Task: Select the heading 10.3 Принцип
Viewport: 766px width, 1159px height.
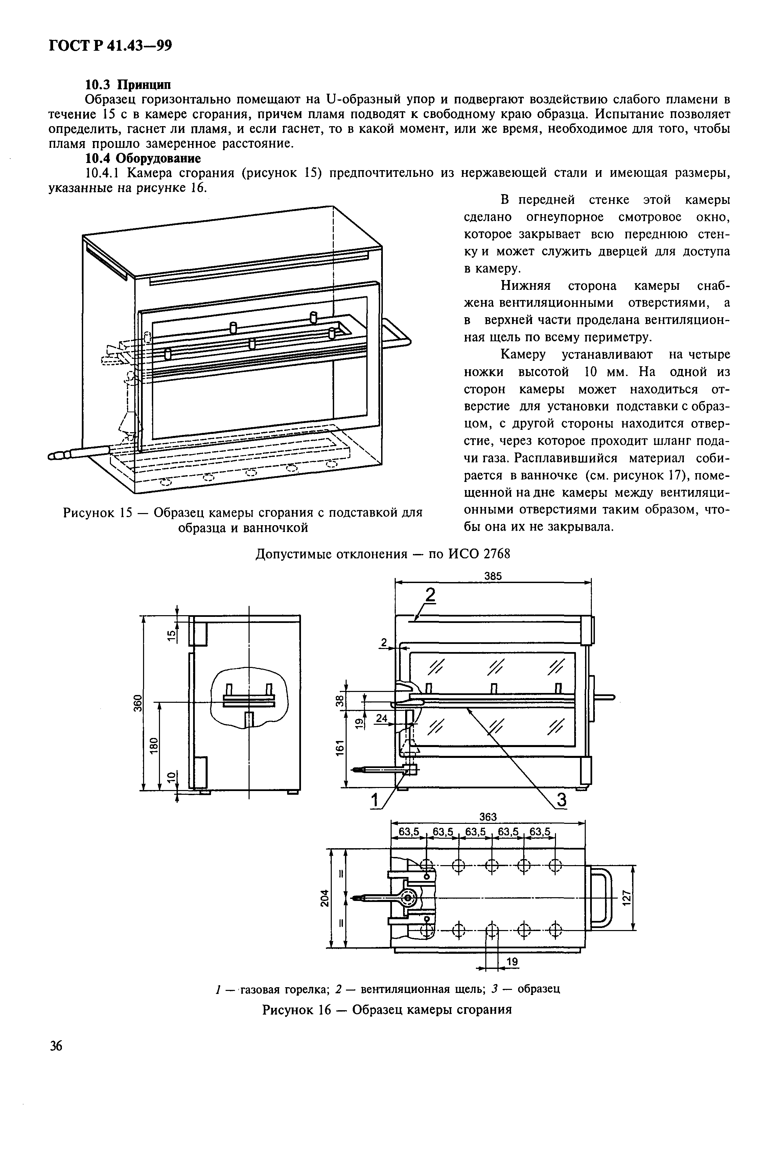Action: pyautogui.click(x=128, y=85)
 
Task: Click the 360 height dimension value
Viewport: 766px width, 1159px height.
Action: pyautogui.click(x=138, y=703)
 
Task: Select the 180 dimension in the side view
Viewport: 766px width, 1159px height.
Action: pyautogui.click(x=154, y=746)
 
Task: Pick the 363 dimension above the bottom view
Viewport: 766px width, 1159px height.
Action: pyautogui.click(x=488, y=817)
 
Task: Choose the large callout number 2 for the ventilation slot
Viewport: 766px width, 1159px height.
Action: pyautogui.click(x=430, y=595)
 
